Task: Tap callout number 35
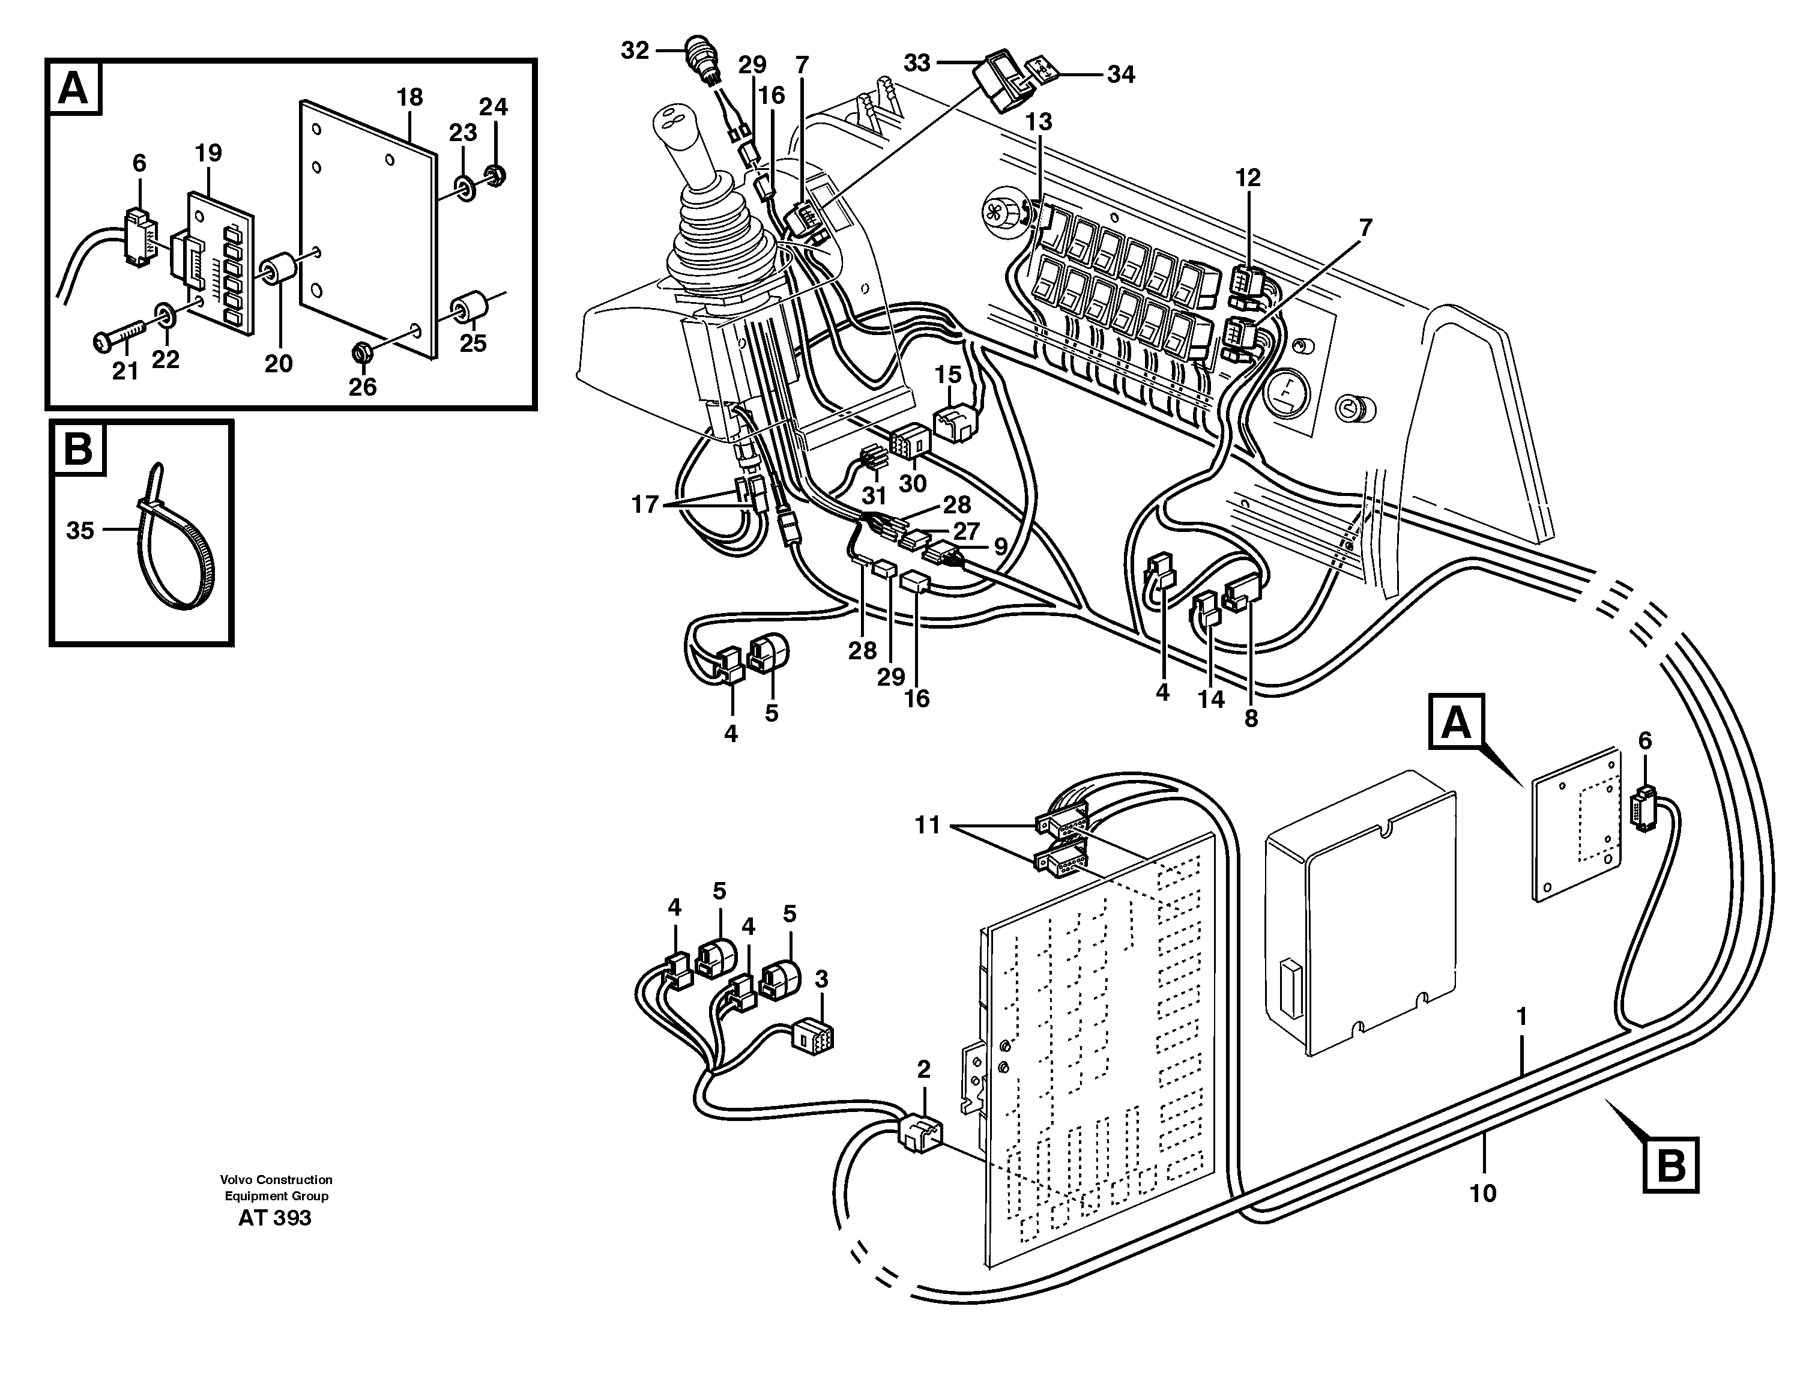point(80,531)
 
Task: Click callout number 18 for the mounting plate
point(409,97)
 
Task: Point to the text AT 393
point(275,1218)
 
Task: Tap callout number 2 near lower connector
point(923,1069)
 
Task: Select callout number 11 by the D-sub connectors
point(928,824)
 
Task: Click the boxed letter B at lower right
point(1671,1165)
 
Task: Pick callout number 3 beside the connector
point(821,979)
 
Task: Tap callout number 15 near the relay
point(947,375)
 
